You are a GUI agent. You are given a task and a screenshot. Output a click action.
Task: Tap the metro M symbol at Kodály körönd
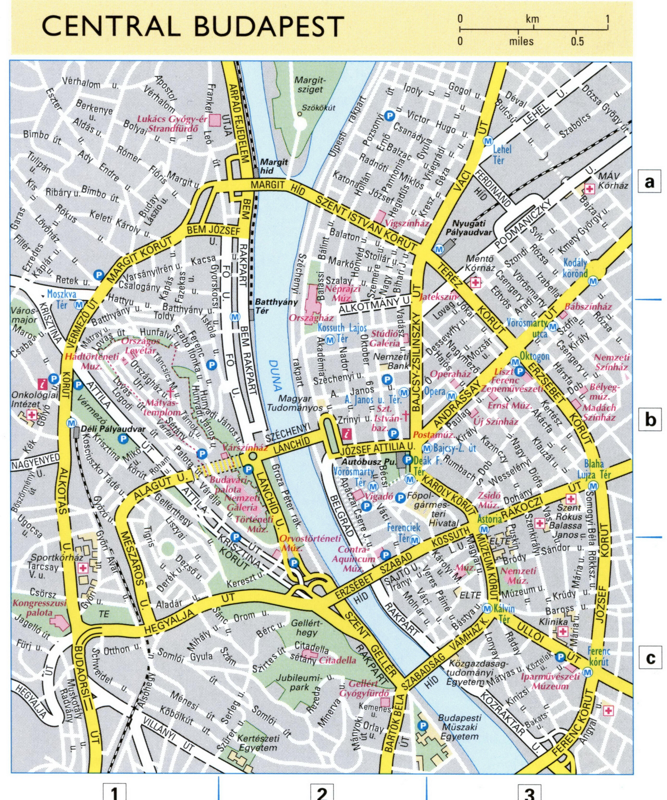pos(593,281)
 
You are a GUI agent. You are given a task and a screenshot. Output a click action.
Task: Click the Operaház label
pos(450,374)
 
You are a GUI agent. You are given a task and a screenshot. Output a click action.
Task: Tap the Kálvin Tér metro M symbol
pos(487,608)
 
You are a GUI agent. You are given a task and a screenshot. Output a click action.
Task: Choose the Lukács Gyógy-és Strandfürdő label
pos(172,123)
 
